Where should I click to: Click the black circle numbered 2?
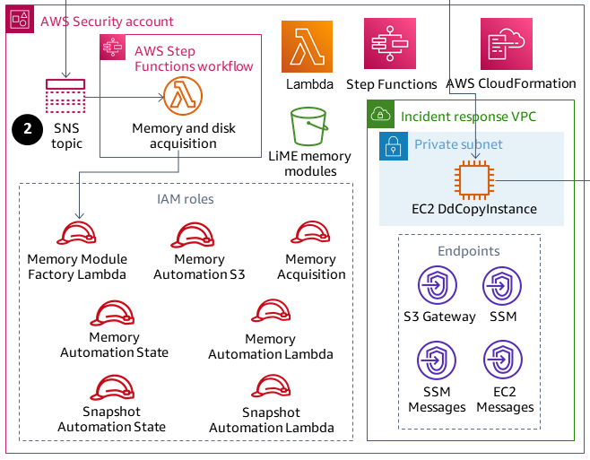[x=28, y=129]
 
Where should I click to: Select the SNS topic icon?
[x=65, y=98]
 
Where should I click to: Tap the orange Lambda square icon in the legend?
[x=307, y=47]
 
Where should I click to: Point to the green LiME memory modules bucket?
[x=308, y=125]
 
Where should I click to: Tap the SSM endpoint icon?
[x=502, y=286]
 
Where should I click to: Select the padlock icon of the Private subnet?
[x=391, y=145]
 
